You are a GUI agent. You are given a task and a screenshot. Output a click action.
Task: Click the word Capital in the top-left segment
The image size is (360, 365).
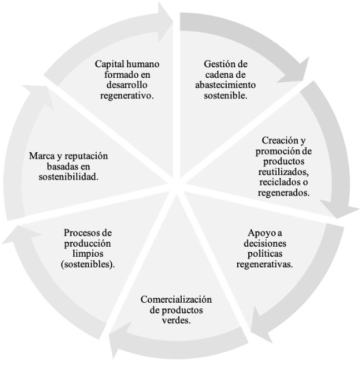pos(109,64)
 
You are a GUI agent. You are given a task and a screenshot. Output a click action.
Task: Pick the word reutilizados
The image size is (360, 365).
pos(284,172)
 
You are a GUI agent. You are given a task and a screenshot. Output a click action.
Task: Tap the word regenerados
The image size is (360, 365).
pos(283,192)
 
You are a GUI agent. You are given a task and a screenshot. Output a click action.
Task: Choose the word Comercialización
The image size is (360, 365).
pos(176,301)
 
